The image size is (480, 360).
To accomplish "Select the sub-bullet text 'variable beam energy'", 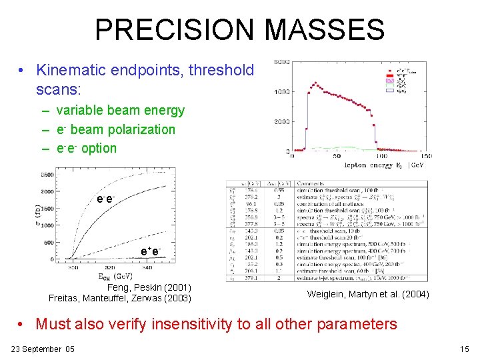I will (120, 111).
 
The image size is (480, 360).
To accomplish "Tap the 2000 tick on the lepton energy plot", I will (280, 122).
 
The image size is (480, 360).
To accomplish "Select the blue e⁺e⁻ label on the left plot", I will (151, 251).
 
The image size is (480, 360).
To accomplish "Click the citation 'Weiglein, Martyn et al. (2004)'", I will (368, 294).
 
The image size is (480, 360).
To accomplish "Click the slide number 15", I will (465, 349).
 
